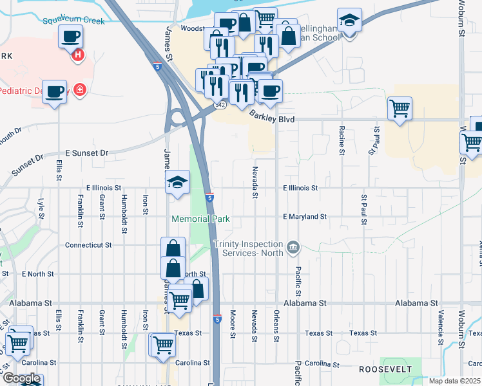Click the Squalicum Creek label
[x=73, y=21]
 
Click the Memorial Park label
[x=200, y=219]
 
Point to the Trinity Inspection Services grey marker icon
[x=293, y=246]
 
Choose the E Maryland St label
[x=305, y=217]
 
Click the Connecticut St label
[x=88, y=245]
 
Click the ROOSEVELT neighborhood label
[x=386, y=369]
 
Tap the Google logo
[x=21, y=379]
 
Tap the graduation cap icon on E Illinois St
[x=177, y=181]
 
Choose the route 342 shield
[x=220, y=104]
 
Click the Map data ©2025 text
[x=454, y=381]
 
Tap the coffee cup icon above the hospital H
[x=70, y=36]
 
